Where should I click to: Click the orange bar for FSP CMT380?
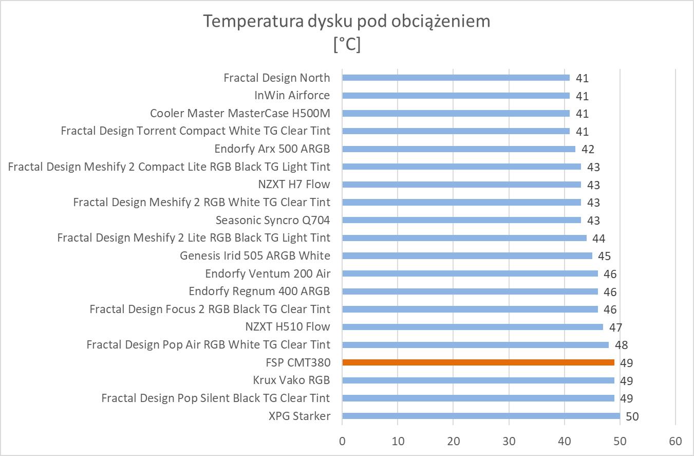pyautogui.click(x=478, y=362)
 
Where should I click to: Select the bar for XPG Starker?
pyautogui.click(x=481, y=416)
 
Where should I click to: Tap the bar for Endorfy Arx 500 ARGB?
pyautogui.click(x=458, y=149)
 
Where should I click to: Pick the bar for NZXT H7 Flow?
pyautogui.click(x=461, y=185)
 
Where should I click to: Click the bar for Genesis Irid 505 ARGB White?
pyautogui.click(x=467, y=256)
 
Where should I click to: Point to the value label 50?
pyautogui.click(x=632, y=416)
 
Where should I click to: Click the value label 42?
pyautogui.click(x=588, y=150)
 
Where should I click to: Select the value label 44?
pyautogui.click(x=598, y=239)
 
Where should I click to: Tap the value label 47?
pyautogui.click(x=615, y=327)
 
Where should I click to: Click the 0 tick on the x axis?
pyautogui.click(x=342, y=441)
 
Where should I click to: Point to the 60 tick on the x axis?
pyautogui.click(x=675, y=441)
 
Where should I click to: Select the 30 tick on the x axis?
pyautogui.click(x=509, y=441)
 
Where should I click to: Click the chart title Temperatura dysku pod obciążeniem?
pyautogui.click(x=347, y=21)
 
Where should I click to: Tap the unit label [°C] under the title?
pyautogui.click(x=347, y=45)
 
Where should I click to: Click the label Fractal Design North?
pyautogui.click(x=276, y=78)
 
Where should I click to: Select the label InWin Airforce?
pyautogui.click(x=292, y=95)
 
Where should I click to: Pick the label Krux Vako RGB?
pyautogui.click(x=291, y=380)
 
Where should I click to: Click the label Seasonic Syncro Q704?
pyautogui.click(x=272, y=220)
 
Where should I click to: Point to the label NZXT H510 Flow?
pyautogui.click(x=288, y=327)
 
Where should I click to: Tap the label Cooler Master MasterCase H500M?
pyautogui.click(x=240, y=113)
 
